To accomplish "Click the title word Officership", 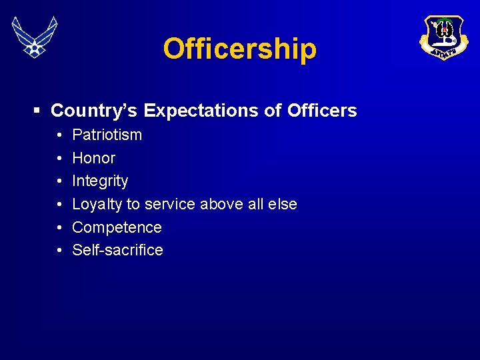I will click(239, 49).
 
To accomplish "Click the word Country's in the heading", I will click(95, 111).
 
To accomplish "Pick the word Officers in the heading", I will click(323, 111).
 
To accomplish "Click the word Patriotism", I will click(107, 135).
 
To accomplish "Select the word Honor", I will click(93, 158).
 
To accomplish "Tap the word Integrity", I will click(100, 181).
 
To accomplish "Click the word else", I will click(282, 204).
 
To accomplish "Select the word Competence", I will click(117, 227).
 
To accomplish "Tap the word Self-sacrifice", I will click(117, 250).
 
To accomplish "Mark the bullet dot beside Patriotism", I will click(59, 135).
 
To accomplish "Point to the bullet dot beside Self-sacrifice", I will click(59, 251).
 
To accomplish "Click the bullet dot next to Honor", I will click(59, 159).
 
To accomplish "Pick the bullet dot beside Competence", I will click(59, 228).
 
